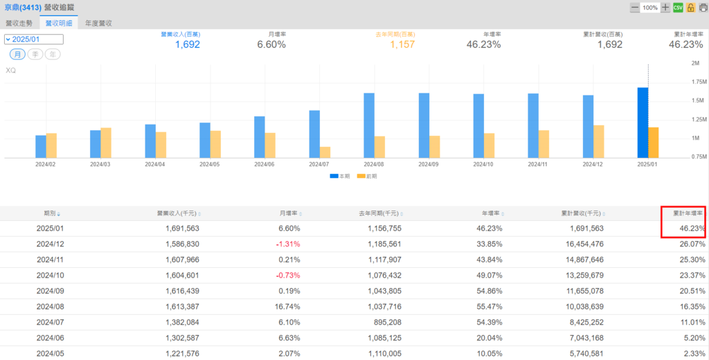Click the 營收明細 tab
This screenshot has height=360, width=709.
(x=59, y=23)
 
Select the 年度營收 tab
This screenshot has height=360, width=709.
(x=99, y=23)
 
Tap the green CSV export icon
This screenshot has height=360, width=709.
(x=678, y=8)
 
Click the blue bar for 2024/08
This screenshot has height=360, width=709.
(x=369, y=125)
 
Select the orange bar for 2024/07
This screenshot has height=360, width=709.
(x=325, y=152)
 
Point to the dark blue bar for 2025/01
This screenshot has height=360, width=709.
(x=643, y=122)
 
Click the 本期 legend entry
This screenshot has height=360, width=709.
(x=339, y=177)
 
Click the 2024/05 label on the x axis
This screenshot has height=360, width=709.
(x=209, y=165)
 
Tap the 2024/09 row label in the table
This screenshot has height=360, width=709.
(x=50, y=291)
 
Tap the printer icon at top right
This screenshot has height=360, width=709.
(x=701, y=8)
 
